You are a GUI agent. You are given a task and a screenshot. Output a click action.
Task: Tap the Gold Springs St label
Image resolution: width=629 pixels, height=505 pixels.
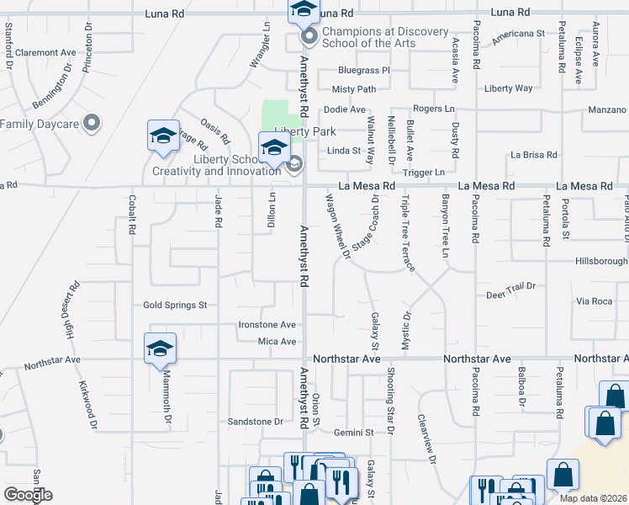(175, 306)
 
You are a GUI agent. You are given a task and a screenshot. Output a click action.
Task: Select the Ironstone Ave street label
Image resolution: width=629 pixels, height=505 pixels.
(267, 324)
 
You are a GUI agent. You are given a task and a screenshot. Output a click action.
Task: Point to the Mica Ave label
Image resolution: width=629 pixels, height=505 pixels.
(277, 342)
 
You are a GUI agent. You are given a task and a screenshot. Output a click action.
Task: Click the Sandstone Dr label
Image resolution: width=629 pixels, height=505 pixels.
(256, 421)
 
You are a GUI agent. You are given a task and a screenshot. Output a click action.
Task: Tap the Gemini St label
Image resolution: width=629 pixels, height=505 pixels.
(353, 433)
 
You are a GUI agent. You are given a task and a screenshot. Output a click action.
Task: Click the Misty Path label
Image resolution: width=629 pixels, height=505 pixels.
(353, 89)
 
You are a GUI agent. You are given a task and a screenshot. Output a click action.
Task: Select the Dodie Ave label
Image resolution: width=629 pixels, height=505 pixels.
(345, 109)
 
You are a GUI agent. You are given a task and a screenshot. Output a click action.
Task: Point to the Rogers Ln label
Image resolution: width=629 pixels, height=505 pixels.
(433, 109)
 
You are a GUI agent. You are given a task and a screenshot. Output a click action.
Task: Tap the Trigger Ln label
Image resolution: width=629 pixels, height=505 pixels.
(423, 173)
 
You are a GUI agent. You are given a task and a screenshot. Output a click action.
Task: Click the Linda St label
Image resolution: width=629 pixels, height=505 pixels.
(343, 151)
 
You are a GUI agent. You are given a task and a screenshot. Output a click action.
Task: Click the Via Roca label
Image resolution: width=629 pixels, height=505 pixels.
(595, 301)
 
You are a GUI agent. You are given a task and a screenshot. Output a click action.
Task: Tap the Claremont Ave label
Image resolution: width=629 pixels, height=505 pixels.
(45, 52)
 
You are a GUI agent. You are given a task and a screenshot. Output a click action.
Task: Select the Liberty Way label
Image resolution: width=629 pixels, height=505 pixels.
(508, 88)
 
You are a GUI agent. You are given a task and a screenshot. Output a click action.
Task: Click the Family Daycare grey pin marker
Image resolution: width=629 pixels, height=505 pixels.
(92, 124)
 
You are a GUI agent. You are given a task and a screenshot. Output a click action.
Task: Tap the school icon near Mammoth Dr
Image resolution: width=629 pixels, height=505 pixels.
(160, 350)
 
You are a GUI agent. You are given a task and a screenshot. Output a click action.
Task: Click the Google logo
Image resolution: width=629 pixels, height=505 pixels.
(28, 495)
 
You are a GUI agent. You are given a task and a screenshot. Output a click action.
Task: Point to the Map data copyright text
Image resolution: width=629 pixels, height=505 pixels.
(593, 497)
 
